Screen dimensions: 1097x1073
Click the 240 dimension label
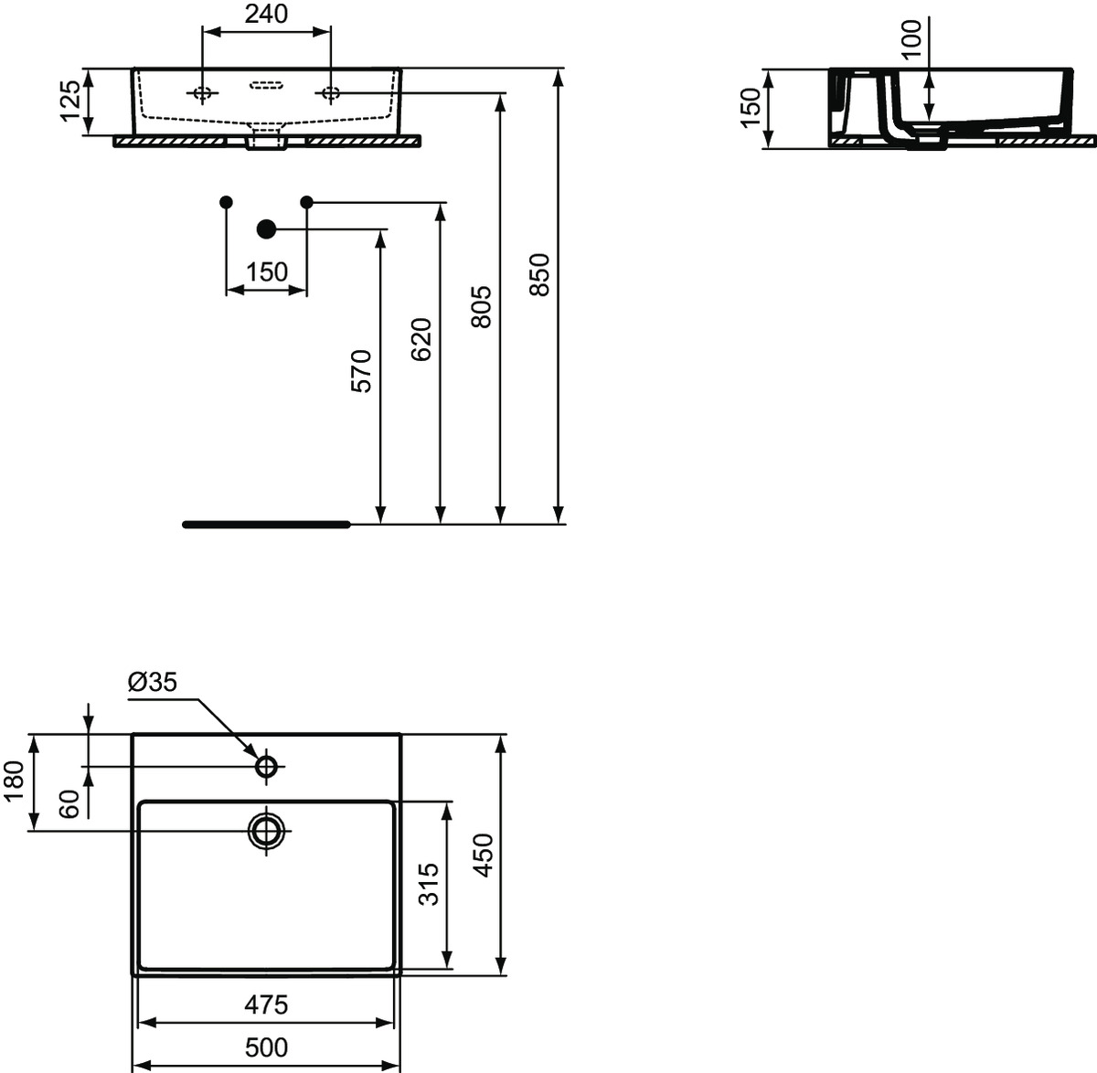[266, 14]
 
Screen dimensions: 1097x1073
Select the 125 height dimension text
[70, 101]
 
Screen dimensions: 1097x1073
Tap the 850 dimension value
[539, 274]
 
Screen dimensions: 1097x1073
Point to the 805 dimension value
[481, 306]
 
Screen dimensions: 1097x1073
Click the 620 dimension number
[421, 339]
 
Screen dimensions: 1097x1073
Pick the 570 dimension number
[361, 371]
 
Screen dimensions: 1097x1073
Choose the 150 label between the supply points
[267, 272]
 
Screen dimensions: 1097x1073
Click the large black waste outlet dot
[266, 228]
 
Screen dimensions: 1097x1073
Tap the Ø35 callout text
[152, 683]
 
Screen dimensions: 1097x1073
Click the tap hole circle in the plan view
[267, 767]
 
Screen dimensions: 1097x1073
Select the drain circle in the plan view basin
[267, 831]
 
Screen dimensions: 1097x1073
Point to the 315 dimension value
[430, 884]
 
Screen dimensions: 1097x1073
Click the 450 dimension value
[483, 855]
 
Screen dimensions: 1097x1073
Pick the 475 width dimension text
[266, 1004]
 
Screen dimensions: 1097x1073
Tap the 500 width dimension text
[266, 1048]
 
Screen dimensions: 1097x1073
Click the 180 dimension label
[14, 781]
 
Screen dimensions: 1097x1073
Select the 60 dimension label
[70, 804]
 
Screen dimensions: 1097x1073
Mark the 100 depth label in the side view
[911, 39]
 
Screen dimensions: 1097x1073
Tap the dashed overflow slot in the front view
[266, 85]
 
